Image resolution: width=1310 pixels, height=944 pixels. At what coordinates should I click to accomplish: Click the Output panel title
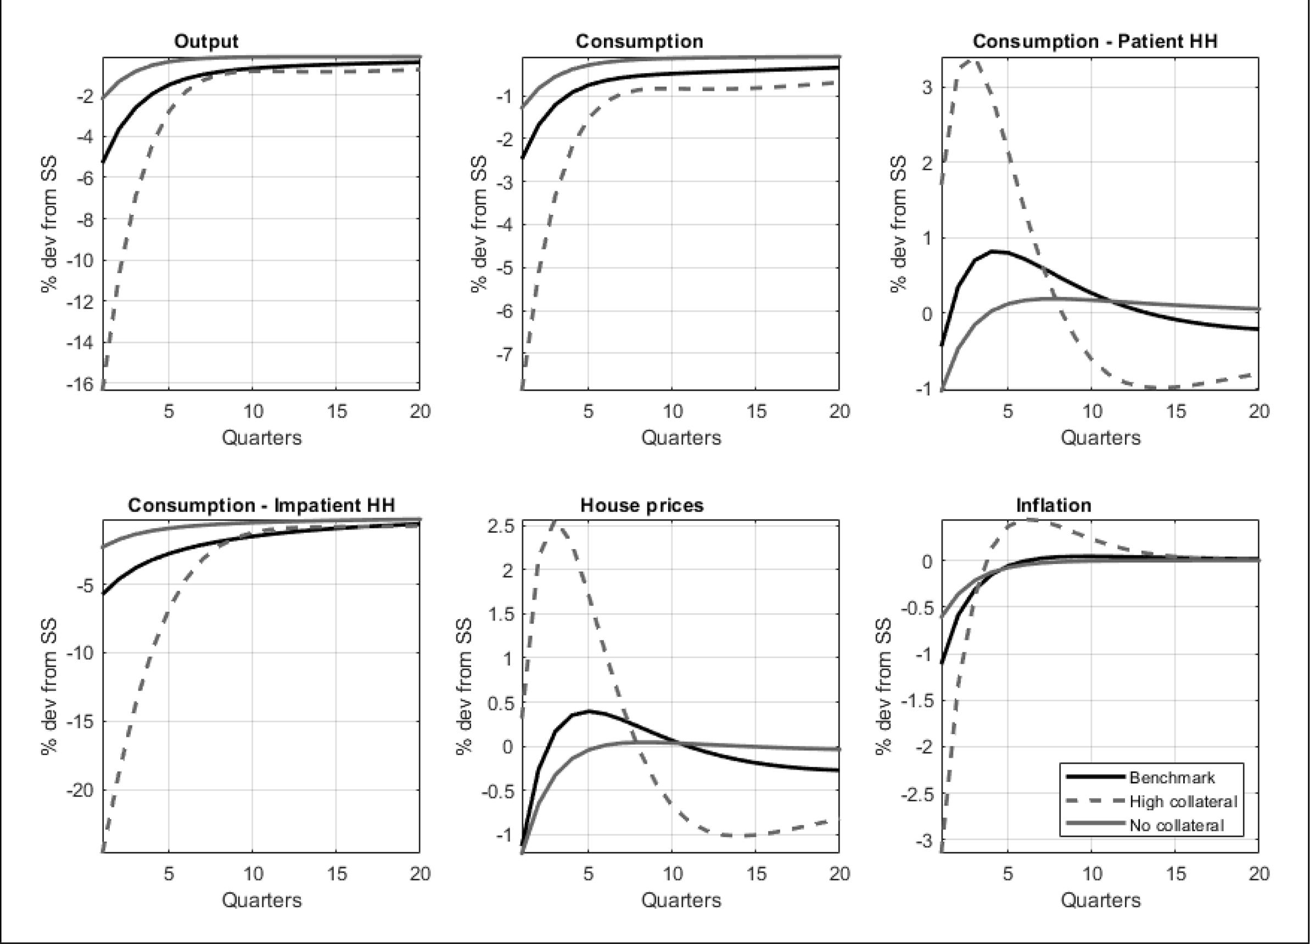[x=206, y=42]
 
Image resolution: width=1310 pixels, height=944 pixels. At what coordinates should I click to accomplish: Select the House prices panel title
[x=642, y=505]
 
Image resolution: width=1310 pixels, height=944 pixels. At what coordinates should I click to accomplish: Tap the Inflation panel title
[x=1054, y=505]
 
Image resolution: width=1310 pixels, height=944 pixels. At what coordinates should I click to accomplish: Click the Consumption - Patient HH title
[x=1095, y=42]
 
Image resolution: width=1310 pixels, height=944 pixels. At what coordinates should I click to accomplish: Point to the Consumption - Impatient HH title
[x=261, y=505]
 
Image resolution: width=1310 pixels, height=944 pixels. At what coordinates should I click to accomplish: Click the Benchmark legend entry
[x=1172, y=778]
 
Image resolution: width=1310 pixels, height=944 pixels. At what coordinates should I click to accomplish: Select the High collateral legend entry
[x=1183, y=801]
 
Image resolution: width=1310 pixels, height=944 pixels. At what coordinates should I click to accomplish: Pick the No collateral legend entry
[x=1176, y=825]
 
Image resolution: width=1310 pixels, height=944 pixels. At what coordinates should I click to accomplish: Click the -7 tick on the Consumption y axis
[x=503, y=354]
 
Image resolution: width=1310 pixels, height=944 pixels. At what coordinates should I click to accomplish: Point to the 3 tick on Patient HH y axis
[x=928, y=88]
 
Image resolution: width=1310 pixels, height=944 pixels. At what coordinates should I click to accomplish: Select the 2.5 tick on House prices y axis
[x=500, y=526]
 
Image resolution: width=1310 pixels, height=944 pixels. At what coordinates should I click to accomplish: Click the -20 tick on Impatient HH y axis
[x=79, y=790]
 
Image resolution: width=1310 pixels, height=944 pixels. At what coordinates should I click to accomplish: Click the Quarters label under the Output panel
[x=262, y=437]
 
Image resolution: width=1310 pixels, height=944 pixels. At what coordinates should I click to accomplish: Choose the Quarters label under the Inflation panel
[x=1100, y=900]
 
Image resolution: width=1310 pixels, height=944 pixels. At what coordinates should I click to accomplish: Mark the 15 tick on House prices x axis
[x=756, y=874]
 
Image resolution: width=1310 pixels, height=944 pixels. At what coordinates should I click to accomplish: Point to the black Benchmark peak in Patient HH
[x=993, y=251]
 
